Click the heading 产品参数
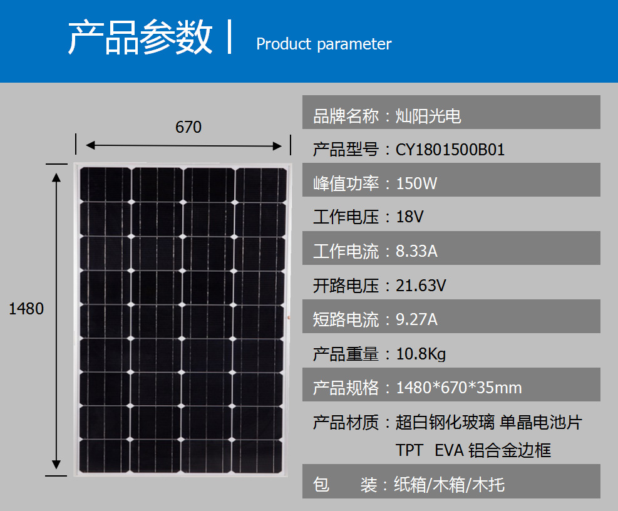click(140, 37)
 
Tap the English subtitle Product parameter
click(324, 44)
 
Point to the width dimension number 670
click(188, 127)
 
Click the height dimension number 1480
click(26, 309)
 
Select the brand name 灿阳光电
click(428, 116)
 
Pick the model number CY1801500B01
click(450, 150)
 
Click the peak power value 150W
click(416, 183)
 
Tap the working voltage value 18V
click(409, 217)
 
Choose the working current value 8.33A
click(416, 251)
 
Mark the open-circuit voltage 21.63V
click(421, 286)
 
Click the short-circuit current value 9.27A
click(416, 319)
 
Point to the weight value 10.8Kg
click(421, 354)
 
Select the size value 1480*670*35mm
click(459, 388)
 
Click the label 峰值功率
click(346, 183)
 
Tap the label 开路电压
click(346, 286)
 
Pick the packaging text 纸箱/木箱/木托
click(450, 485)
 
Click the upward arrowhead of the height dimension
click(56, 177)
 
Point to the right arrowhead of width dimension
click(277, 146)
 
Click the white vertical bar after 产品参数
click(229, 36)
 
